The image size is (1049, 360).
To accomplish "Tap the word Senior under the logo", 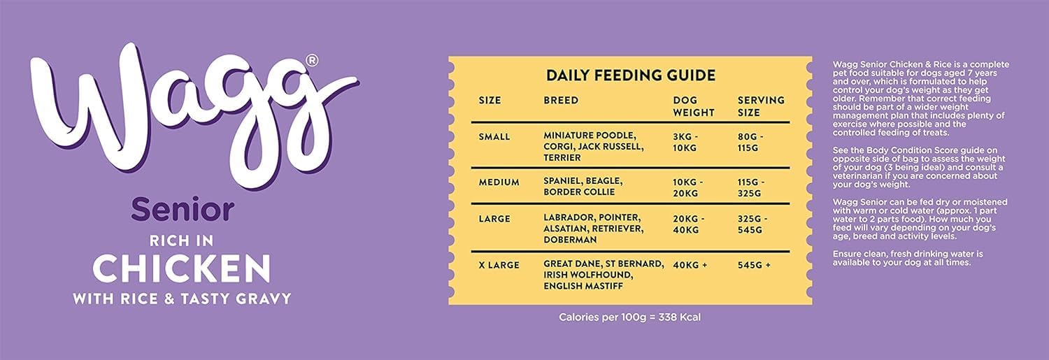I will click(182, 209).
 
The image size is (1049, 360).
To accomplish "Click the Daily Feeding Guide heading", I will click(630, 75).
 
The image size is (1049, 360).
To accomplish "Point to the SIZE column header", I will click(490, 100).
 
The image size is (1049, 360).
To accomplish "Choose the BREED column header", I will click(561, 100).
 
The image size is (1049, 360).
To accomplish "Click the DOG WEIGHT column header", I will click(693, 106).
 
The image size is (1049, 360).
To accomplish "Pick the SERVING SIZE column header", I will click(761, 106).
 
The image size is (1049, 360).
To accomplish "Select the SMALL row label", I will click(494, 136).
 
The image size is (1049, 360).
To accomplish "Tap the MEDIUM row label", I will click(499, 182).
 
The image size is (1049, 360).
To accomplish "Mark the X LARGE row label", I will click(499, 264).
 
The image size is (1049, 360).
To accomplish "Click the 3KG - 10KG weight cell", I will click(687, 142).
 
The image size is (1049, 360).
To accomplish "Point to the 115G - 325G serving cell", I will click(752, 188).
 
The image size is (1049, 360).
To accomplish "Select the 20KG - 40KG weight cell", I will click(688, 224).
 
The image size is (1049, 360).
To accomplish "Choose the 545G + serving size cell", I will click(753, 264).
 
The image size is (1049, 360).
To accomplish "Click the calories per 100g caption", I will click(629, 317).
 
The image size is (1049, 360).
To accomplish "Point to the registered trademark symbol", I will click(312, 61).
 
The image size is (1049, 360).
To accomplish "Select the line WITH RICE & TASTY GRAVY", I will click(182, 298).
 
